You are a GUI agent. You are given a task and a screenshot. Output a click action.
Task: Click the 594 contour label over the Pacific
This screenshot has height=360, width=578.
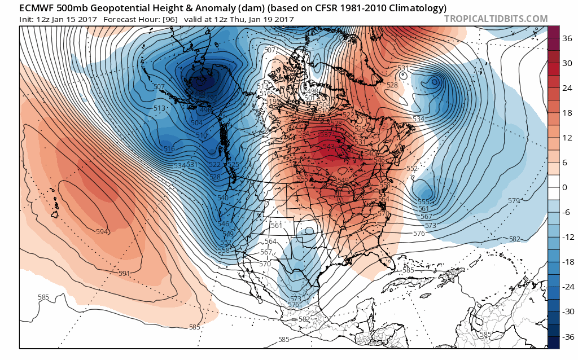pos(102,232)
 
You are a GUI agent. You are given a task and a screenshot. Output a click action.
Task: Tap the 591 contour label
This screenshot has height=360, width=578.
pos(124,274)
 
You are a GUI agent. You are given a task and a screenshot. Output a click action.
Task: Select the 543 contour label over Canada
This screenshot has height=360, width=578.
pos(328,147)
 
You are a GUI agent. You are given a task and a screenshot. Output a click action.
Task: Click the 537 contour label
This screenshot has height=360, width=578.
pos(325,135)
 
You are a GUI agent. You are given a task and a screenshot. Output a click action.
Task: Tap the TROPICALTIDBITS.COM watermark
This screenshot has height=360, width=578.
pos(496,19)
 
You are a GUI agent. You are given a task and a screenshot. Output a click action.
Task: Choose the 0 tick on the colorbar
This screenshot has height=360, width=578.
pos(565,187)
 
